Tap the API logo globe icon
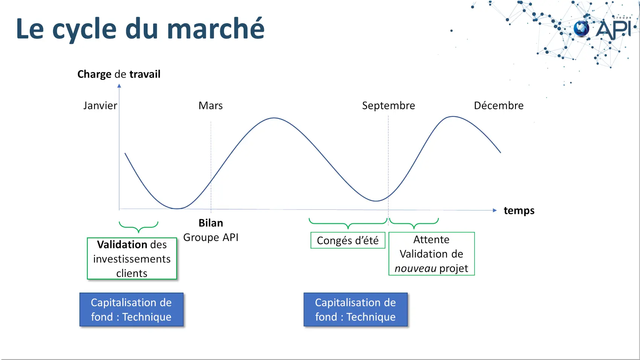[x=581, y=29]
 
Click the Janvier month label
[x=100, y=106]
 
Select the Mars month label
[x=210, y=106]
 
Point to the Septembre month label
[x=389, y=106]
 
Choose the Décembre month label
[x=499, y=106]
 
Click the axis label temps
[x=519, y=211]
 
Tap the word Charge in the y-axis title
[x=94, y=75]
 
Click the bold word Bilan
[x=211, y=223]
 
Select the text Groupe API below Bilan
[x=211, y=238]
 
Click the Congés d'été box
[x=348, y=240]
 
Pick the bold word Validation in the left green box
[x=122, y=244]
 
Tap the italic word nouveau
[x=415, y=268]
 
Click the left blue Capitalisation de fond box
[x=131, y=310]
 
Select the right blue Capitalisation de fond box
[x=355, y=310]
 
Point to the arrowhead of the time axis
[x=495, y=210]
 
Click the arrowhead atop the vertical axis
[x=119, y=86]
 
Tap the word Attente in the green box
[x=431, y=239]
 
